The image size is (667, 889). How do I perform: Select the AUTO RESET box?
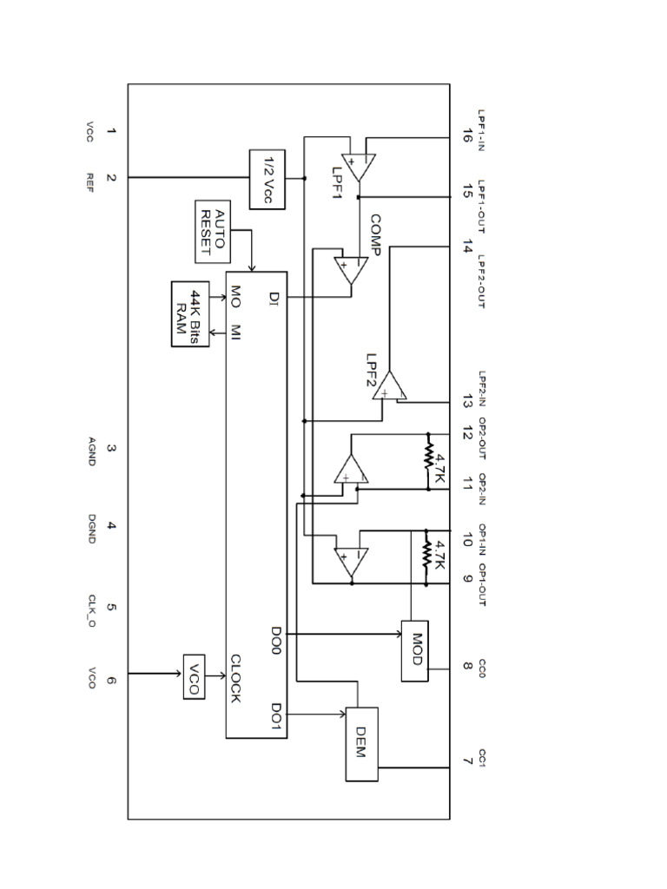pos(214,231)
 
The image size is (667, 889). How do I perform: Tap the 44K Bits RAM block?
pos(190,313)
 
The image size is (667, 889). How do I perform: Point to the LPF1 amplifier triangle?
pos(357,163)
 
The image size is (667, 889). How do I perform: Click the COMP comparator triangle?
pos(351,270)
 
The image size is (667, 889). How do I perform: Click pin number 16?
pos(467,135)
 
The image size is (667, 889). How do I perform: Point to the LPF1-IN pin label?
pos(483,128)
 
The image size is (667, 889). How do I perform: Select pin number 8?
pos(467,667)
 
